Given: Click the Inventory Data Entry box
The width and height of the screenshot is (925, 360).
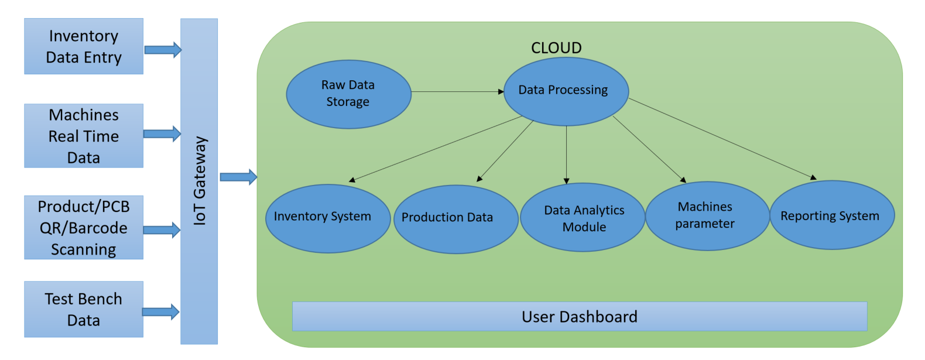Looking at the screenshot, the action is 84,46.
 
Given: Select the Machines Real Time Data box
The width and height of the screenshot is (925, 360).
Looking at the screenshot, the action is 84,136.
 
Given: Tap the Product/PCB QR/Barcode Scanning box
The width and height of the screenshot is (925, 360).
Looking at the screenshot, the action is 84,228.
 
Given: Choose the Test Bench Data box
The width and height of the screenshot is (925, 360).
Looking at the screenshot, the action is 84,309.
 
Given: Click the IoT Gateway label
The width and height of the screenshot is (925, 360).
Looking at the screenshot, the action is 200,181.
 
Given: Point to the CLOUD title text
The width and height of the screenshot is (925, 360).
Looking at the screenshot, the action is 556,48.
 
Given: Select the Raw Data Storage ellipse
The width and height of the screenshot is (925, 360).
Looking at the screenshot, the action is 348,94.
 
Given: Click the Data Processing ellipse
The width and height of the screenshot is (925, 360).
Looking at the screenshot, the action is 566,91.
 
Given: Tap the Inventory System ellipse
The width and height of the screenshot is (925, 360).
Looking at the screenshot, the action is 328,218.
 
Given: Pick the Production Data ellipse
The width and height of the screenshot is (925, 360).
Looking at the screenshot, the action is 456,220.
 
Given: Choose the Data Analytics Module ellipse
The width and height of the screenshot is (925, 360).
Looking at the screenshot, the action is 583,217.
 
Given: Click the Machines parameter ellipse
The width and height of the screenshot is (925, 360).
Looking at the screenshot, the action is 707,216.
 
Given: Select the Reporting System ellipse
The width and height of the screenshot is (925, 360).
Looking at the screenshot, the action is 832,215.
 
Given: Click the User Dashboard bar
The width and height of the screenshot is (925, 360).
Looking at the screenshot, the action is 580,316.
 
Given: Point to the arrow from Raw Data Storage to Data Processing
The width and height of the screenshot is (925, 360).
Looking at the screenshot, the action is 458,92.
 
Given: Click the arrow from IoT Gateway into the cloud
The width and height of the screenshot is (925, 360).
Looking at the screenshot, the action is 239,177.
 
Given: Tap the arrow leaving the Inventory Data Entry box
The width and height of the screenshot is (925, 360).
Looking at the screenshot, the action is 163,50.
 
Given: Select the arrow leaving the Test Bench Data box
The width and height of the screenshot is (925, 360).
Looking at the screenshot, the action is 160,311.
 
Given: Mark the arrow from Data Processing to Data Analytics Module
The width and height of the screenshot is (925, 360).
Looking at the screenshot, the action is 566,155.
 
